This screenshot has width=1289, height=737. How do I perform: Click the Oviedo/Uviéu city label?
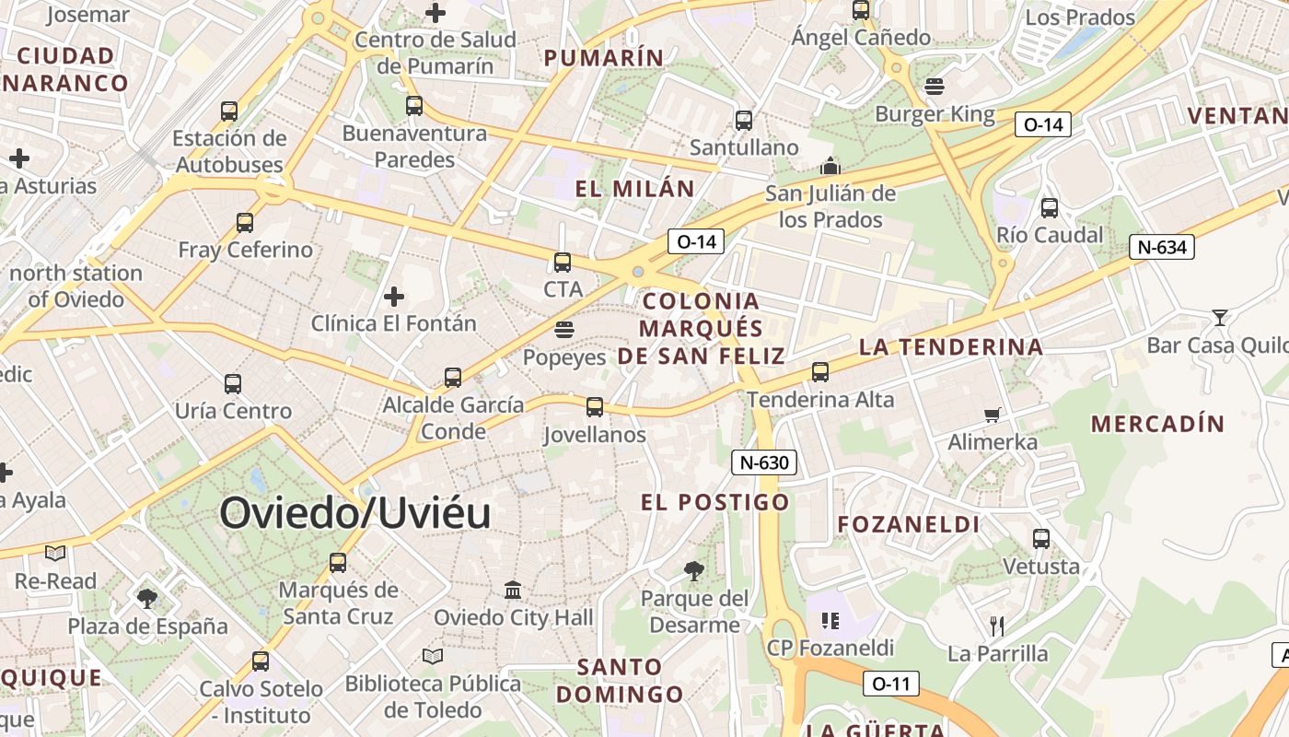coord(354,513)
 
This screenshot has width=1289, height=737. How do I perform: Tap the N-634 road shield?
coord(1162,247)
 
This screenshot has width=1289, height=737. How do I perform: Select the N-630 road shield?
coord(764,462)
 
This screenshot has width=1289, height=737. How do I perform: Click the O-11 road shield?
coord(890,684)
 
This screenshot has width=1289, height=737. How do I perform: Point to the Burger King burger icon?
coord(935,87)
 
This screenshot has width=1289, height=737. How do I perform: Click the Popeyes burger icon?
coord(564,330)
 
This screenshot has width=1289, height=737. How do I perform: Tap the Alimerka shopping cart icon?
coord(993,415)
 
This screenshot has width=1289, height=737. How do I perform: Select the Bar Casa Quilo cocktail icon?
coord(1220,318)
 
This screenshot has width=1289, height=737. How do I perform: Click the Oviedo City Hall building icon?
coord(513,590)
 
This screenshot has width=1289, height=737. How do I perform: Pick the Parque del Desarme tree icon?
coord(694,571)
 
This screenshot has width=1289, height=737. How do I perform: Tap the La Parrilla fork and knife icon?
coord(997,626)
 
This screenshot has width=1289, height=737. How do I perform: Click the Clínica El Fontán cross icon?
coord(394,297)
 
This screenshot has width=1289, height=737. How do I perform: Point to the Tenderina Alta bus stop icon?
coord(820,372)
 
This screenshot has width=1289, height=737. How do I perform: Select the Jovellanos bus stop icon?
coord(595,406)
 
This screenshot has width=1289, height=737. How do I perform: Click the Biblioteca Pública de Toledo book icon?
coord(432,656)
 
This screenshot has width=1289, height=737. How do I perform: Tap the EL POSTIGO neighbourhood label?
coord(715,502)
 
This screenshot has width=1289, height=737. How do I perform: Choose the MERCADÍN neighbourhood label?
coord(1157,424)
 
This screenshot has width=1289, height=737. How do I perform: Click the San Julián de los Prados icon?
coord(830,167)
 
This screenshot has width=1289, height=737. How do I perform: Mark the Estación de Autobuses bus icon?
coord(229,111)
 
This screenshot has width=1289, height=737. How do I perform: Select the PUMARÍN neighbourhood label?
coord(604,58)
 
